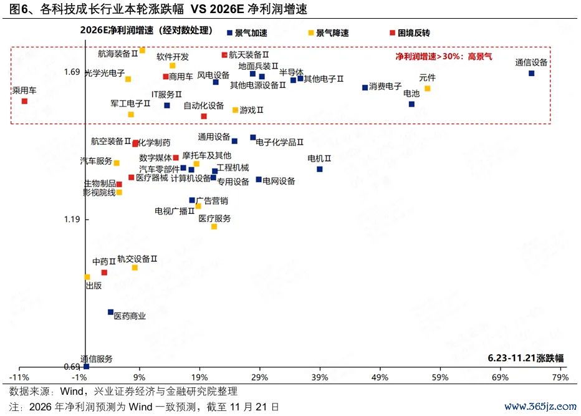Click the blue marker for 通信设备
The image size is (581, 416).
[x=531, y=73]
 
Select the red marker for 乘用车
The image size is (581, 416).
[x=24, y=101]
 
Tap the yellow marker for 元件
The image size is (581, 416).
[x=427, y=89]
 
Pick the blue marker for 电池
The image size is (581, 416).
[x=411, y=104]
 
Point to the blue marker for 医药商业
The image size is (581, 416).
[x=110, y=312]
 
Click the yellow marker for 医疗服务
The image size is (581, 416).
[x=214, y=226]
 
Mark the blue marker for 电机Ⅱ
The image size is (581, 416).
[x=319, y=169]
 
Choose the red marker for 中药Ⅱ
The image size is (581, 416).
[x=104, y=273]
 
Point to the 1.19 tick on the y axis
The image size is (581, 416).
[x=72, y=220]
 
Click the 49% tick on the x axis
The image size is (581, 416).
[x=380, y=378]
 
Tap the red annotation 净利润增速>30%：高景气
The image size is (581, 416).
[x=443, y=56]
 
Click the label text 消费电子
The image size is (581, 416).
[x=385, y=87]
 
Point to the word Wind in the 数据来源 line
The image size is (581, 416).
[x=74, y=392]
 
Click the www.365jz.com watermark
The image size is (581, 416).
[x=540, y=406]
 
